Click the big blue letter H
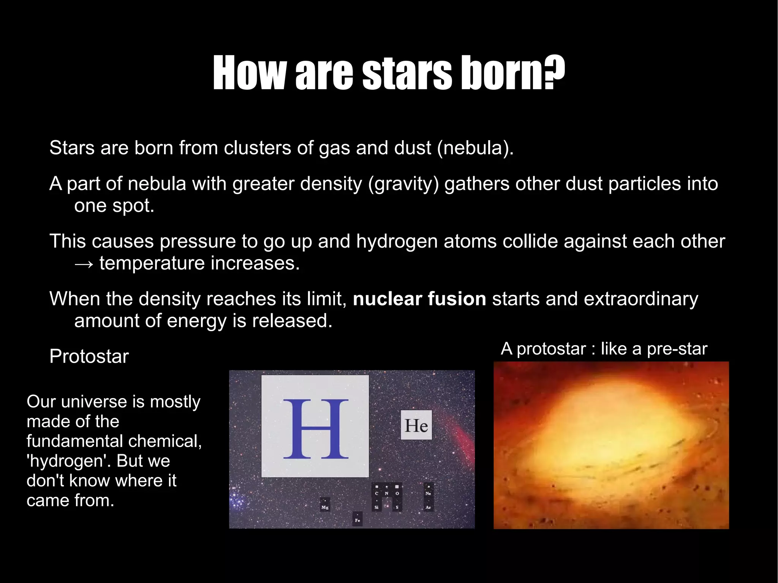(316, 429)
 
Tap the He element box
(416, 425)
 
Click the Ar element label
(429, 507)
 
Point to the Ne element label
(429, 493)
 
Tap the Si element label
(376, 507)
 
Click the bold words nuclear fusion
(419, 299)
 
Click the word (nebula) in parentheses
(475, 148)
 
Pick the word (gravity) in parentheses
(403, 184)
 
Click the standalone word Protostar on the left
(89, 356)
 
